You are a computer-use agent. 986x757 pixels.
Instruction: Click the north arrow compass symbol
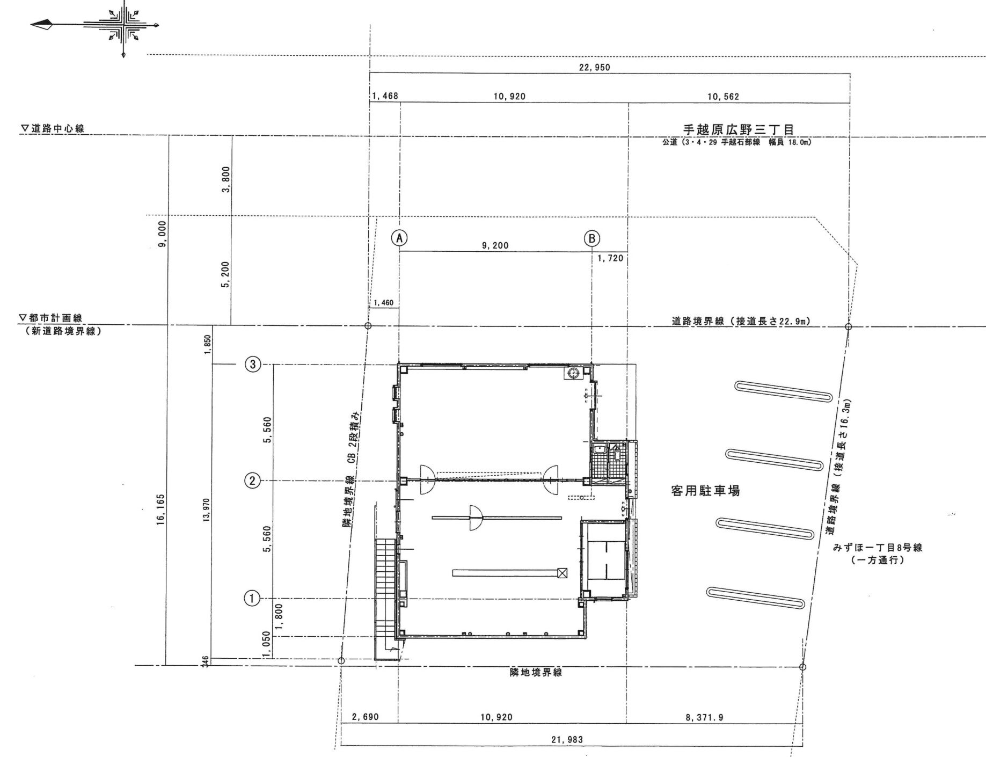(124, 25)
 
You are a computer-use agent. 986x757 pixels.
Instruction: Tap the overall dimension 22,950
(595, 68)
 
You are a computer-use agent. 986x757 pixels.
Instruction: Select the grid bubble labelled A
(399, 237)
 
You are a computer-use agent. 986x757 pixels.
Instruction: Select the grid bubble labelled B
(591, 238)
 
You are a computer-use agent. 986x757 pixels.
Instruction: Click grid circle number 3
(253, 365)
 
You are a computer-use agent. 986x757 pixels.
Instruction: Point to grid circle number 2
(253, 481)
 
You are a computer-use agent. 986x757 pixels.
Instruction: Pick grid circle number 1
(253, 598)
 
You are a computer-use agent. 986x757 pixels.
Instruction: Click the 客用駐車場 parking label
(705, 490)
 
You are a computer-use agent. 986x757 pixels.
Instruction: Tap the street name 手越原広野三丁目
(738, 130)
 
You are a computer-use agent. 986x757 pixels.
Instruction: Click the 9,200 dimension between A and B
(495, 245)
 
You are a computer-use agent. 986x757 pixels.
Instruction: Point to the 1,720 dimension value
(610, 258)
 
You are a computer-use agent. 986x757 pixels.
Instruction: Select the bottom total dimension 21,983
(567, 739)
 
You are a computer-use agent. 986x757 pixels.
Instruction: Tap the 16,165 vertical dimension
(160, 510)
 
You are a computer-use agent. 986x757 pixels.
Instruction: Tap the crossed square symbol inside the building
(562, 573)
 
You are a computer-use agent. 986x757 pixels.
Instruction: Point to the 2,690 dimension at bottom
(366, 717)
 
